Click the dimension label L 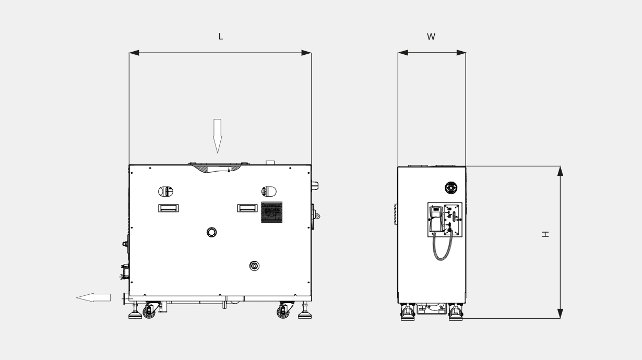[220, 37]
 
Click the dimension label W [431, 37]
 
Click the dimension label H [545, 234]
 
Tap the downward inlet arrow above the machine [217, 136]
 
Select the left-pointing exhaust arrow [93, 297]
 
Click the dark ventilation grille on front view [272, 212]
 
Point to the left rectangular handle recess [169, 208]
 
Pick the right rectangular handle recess [247, 208]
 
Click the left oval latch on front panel [165, 191]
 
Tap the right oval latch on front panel [269, 191]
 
